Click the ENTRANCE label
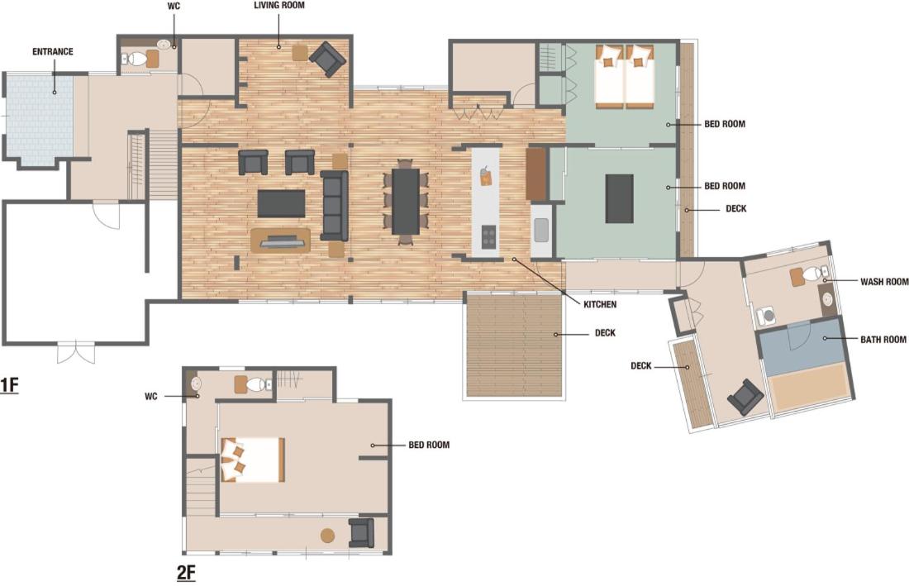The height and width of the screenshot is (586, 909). click(53, 51)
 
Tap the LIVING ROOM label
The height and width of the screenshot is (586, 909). click(278, 5)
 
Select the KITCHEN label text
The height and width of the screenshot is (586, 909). click(600, 304)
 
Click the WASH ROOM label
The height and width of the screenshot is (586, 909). click(884, 282)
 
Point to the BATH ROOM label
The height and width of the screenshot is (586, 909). click(883, 339)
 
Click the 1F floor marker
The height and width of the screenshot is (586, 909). click(9, 385)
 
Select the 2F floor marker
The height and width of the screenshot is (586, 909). click(186, 573)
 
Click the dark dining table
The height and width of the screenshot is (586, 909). click(406, 201)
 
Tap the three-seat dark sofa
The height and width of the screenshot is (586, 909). click(335, 206)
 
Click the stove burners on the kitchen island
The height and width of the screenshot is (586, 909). click(488, 236)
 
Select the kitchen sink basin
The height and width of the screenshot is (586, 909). click(541, 230)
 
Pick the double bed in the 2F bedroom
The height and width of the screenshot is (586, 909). click(253, 460)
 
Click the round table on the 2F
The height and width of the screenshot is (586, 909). click(327, 535)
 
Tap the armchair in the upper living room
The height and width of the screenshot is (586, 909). click(327, 60)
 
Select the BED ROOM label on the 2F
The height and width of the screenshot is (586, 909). click(429, 445)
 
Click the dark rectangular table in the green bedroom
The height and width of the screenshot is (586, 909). click(620, 199)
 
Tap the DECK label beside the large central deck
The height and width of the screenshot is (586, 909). click(605, 333)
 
